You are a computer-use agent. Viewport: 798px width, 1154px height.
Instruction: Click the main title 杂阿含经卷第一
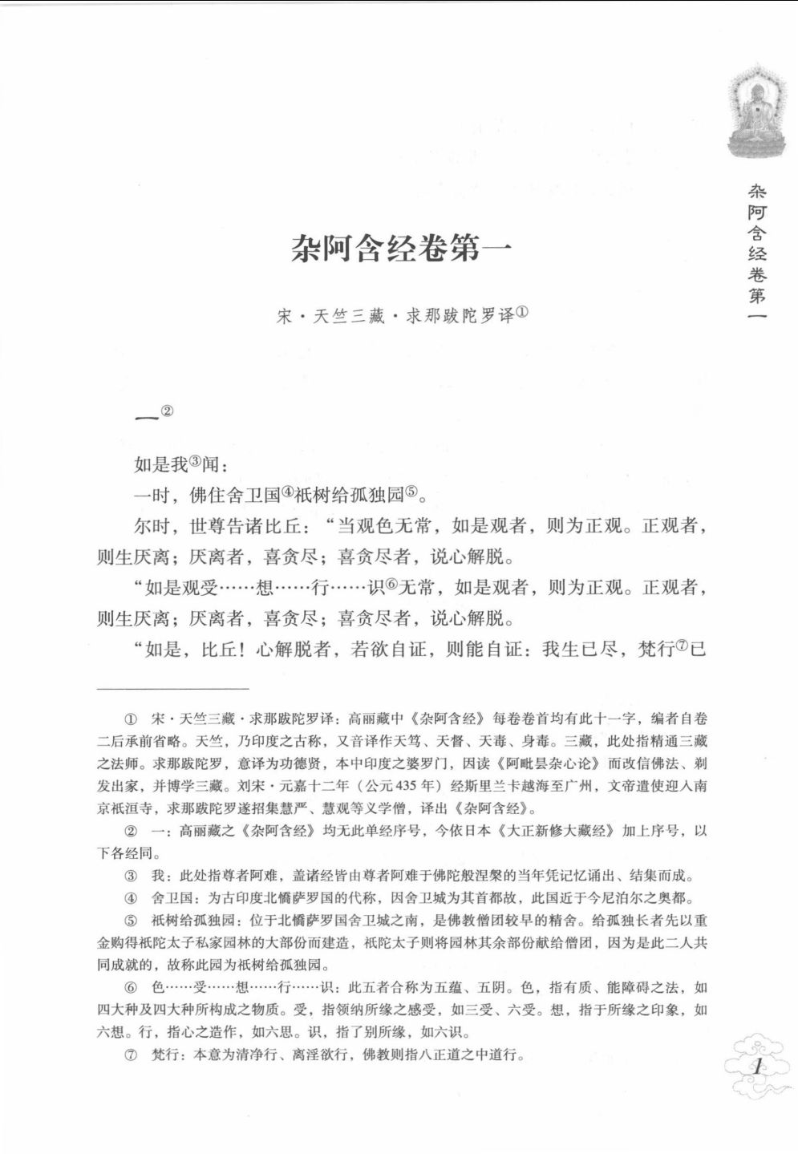click(x=401, y=250)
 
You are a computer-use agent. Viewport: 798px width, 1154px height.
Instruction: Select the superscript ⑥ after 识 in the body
click(x=391, y=585)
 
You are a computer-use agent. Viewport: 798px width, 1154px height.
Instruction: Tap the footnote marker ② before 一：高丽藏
click(x=131, y=832)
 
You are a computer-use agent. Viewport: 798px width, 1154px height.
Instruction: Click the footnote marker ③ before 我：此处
click(x=131, y=876)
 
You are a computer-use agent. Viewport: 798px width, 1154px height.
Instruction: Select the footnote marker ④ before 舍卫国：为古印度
click(x=131, y=898)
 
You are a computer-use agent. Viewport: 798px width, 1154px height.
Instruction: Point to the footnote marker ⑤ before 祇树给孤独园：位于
click(x=131, y=921)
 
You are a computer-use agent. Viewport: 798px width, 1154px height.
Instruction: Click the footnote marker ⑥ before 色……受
click(x=131, y=988)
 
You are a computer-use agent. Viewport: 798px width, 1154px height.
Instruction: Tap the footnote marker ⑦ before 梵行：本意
click(x=131, y=1055)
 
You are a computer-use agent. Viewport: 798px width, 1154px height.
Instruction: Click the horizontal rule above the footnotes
click(x=172, y=687)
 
